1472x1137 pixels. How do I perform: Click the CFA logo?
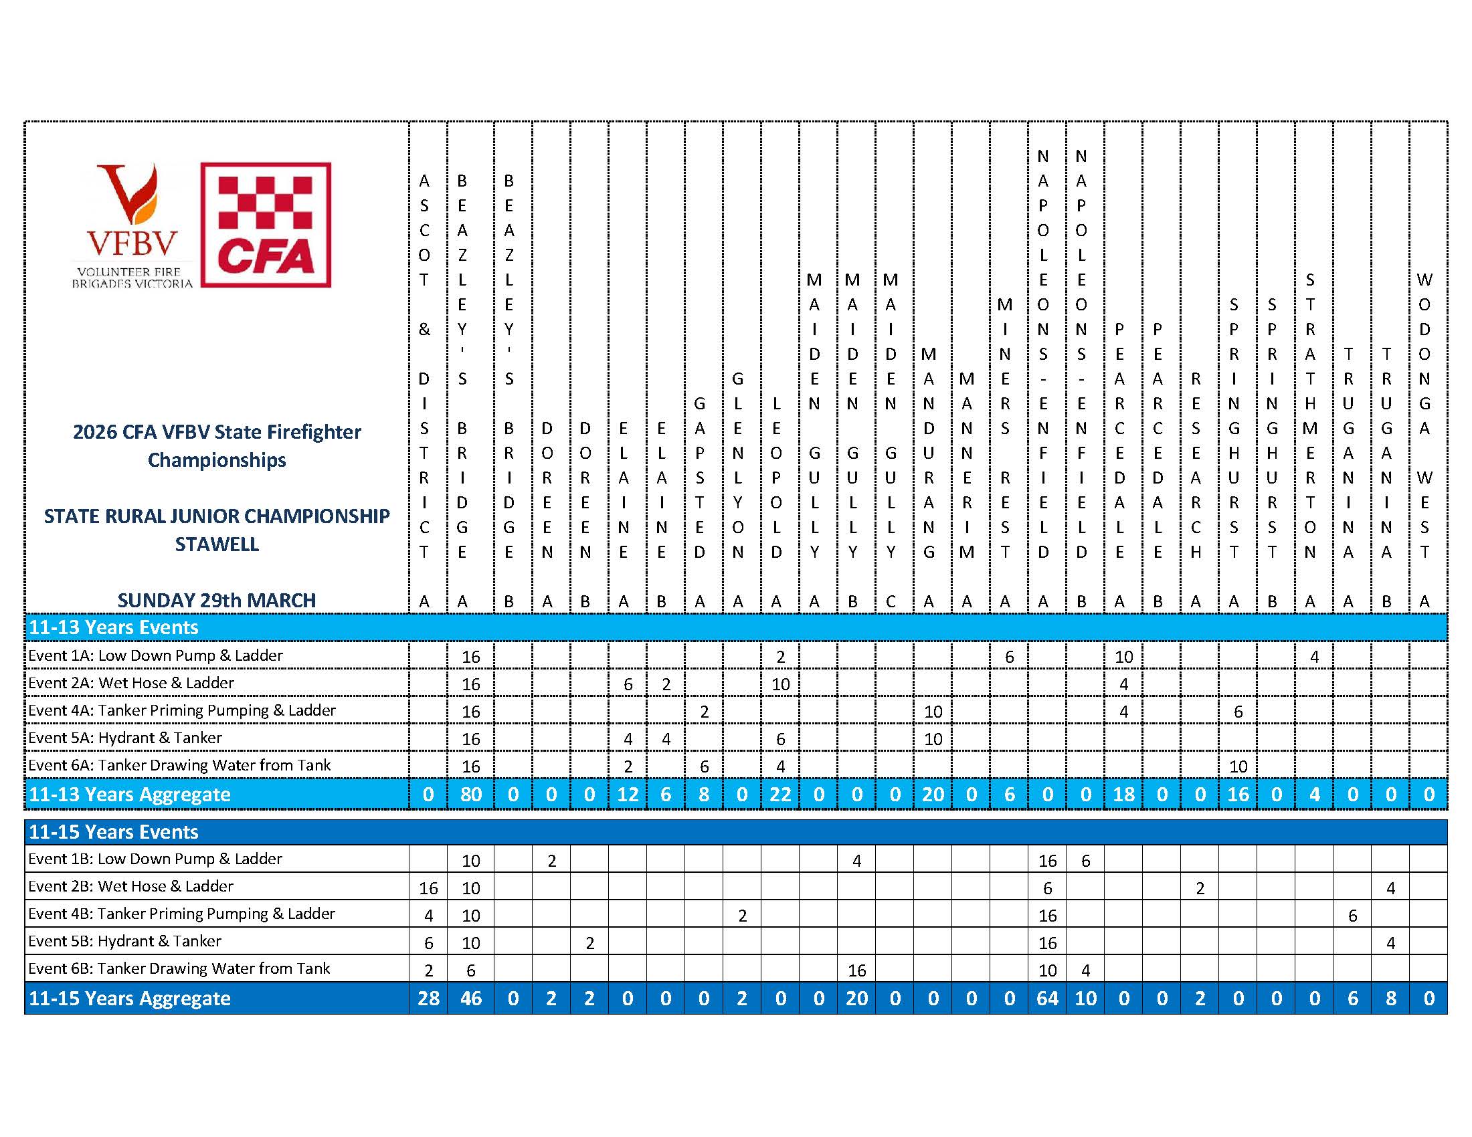(x=266, y=225)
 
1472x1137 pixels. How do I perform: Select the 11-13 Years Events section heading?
(x=113, y=628)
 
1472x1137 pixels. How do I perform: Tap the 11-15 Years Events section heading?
(x=113, y=832)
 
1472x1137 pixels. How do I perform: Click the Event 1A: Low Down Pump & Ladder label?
(x=155, y=655)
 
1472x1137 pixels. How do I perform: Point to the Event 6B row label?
(x=179, y=968)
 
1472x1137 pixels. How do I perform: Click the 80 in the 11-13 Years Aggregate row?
(x=470, y=795)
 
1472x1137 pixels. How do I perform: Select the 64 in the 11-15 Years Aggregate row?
(x=1046, y=999)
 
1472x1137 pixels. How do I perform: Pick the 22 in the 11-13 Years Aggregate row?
(x=779, y=795)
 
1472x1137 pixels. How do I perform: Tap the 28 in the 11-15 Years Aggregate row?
(x=428, y=999)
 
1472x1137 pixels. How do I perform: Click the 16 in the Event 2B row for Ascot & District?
(x=428, y=888)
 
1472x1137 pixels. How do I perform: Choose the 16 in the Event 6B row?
(x=856, y=970)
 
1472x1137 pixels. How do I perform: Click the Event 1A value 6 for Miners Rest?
(x=1009, y=657)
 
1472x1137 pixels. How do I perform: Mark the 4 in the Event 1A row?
(x=1314, y=657)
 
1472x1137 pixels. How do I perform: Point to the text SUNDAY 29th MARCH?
(x=216, y=600)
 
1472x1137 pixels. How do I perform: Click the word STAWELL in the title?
(x=216, y=544)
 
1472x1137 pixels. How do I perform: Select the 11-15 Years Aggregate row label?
(x=129, y=999)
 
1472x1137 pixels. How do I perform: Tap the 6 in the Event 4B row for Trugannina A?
(x=1352, y=916)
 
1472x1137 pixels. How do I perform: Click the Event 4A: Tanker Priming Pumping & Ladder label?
(x=182, y=710)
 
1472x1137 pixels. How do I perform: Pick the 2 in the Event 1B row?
(x=551, y=861)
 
